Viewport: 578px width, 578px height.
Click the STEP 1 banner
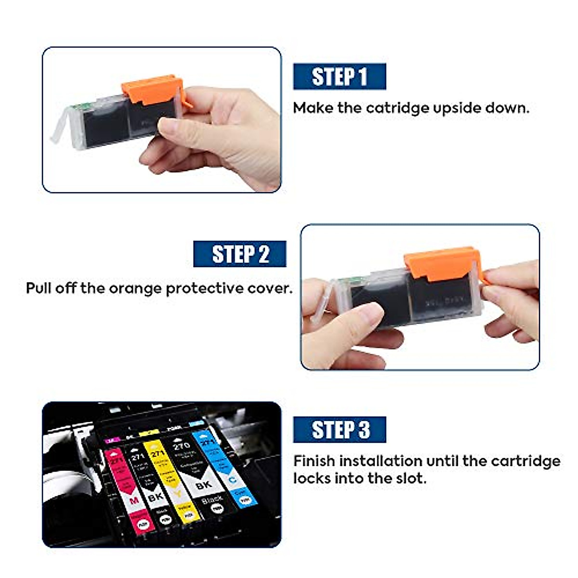pos(340,77)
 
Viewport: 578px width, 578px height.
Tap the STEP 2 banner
pos(239,254)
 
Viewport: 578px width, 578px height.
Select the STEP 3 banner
pos(340,430)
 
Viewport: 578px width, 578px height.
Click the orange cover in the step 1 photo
pos(150,89)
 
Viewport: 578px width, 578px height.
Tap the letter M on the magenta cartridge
pos(134,500)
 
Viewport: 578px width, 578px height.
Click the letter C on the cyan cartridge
pos(232,479)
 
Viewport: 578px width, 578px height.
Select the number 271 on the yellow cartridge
pos(158,453)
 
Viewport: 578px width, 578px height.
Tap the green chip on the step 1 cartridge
pos(75,106)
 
